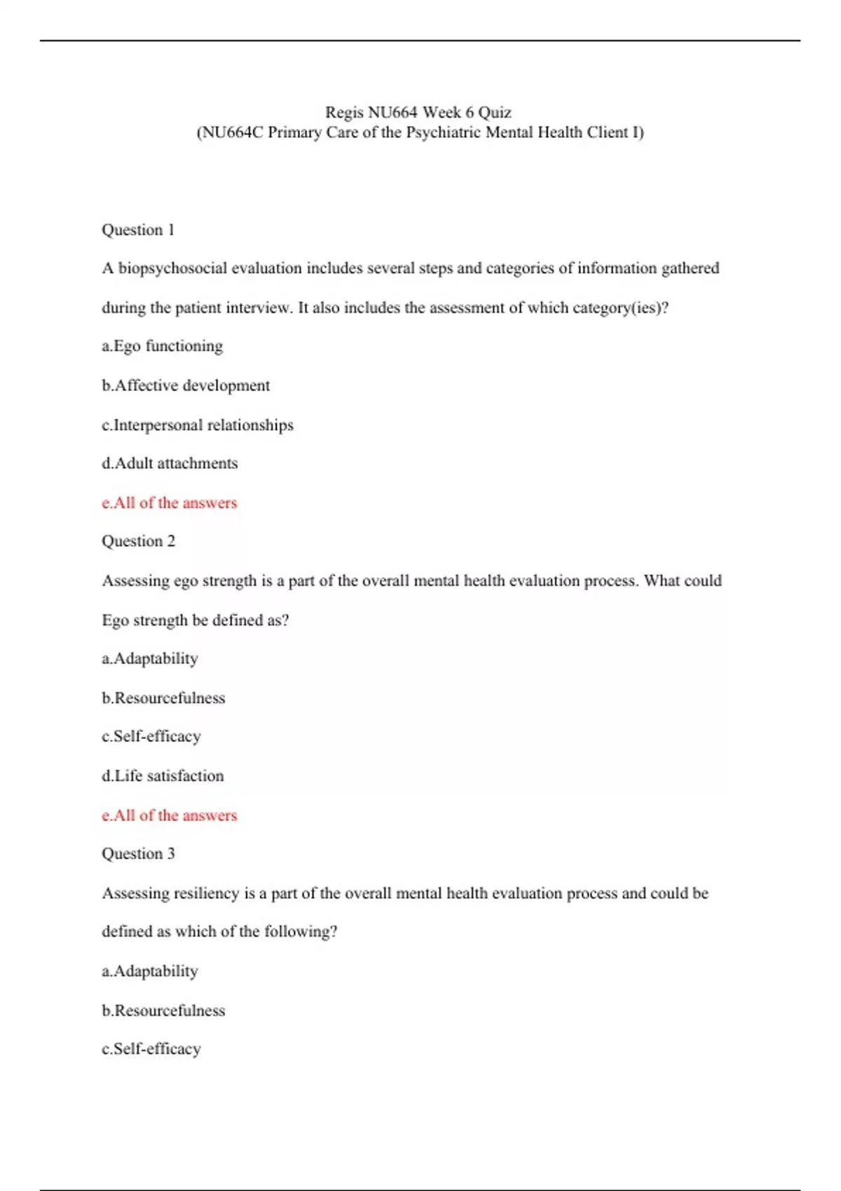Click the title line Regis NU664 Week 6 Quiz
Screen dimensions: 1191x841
tap(418, 112)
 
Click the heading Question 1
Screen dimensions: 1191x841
tap(138, 230)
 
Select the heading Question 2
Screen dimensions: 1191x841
tap(138, 541)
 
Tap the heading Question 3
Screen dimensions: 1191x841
tap(138, 853)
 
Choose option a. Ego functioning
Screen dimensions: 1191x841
tap(162, 346)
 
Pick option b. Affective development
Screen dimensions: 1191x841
tap(185, 385)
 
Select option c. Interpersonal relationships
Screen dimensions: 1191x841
tap(197, 425)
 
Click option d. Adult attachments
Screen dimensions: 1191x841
tap(170, 463)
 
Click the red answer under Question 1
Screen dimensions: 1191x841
tap(170, 503)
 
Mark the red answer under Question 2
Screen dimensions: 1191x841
tap(170, 815)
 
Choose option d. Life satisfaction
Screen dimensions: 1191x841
tap(163, 776)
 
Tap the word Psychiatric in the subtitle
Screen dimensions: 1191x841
tap(442, 132)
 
